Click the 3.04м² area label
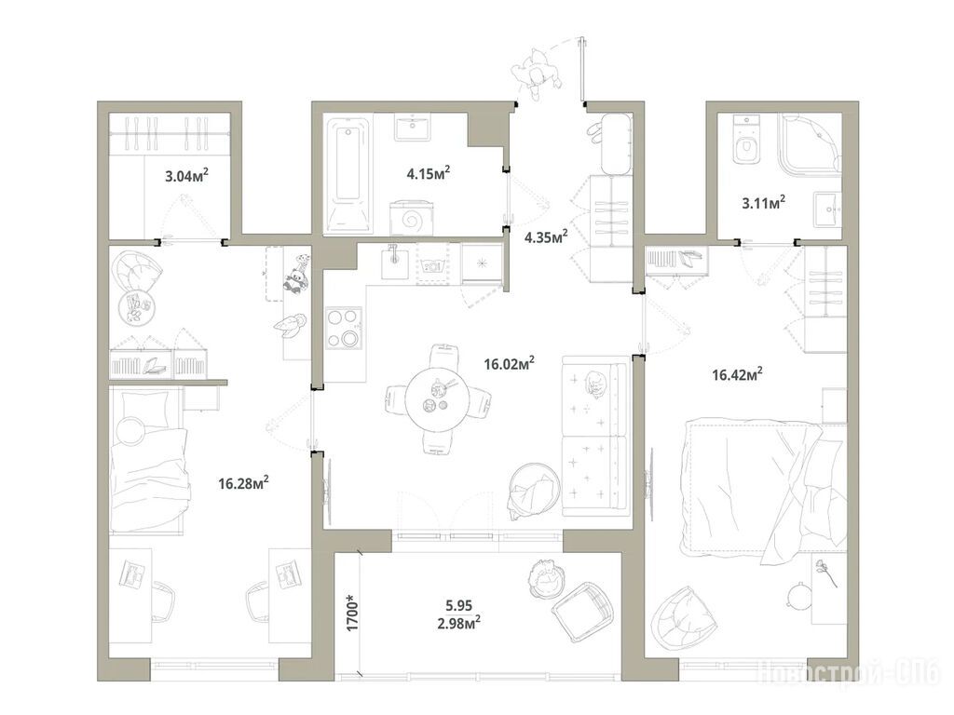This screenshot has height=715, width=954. (x=186, y=176)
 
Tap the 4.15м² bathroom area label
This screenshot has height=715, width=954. (x=429, y=173)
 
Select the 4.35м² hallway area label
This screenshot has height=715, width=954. (x=546, y=236)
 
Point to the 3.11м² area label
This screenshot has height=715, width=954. (x=763, y=202)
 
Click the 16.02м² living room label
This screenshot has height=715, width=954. (x=510, y=364)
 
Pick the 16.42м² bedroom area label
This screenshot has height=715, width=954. (x=738, y=374)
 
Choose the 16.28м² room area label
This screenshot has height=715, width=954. (x=243, y=483)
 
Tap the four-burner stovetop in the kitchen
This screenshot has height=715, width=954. (x=344, y=329)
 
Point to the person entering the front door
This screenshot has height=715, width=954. (x=537, y=74)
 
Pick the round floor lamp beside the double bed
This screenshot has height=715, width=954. (x=797, y=595)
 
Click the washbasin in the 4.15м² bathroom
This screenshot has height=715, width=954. (x=414, y=127)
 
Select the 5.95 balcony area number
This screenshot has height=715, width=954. (x=458, y=605)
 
